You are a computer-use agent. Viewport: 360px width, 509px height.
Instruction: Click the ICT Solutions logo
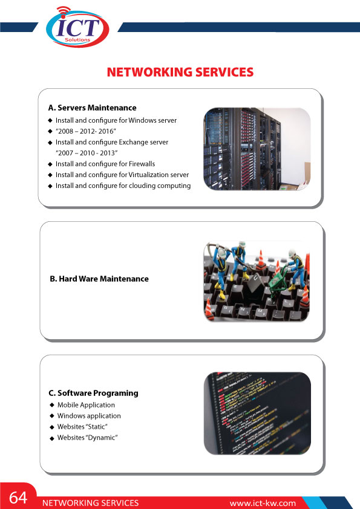(77, 27)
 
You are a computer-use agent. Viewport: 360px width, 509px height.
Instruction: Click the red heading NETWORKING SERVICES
(180, 72)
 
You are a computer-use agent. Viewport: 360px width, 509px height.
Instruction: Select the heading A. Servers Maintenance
(93, 108)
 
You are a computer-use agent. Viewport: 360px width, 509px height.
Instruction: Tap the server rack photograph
(257, 149)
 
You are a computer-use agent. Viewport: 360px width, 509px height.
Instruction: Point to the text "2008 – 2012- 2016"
(86, 131)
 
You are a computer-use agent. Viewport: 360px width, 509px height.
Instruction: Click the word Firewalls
(142, 164)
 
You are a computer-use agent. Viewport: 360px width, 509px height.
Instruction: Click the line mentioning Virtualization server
(122, 175)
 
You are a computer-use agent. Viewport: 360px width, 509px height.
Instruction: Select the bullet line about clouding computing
(123, 186)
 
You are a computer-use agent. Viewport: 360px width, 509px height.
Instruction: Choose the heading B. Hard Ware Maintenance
(99, 279)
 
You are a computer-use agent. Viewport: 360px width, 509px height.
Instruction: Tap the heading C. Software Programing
(93, 393)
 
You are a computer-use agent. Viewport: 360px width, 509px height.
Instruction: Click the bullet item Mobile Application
(86, 405)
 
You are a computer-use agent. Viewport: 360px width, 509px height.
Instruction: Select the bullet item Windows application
(89, 416)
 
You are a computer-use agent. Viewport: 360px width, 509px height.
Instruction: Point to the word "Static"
(97, 427)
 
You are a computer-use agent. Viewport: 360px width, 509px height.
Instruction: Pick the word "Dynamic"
(102, 438)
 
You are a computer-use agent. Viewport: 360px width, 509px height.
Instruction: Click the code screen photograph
(257, 413)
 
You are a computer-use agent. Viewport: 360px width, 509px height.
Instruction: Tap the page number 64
(18, 498)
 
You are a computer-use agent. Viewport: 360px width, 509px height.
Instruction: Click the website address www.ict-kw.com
(263, 504)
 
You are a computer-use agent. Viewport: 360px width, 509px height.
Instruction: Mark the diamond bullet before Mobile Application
(51, 405)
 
